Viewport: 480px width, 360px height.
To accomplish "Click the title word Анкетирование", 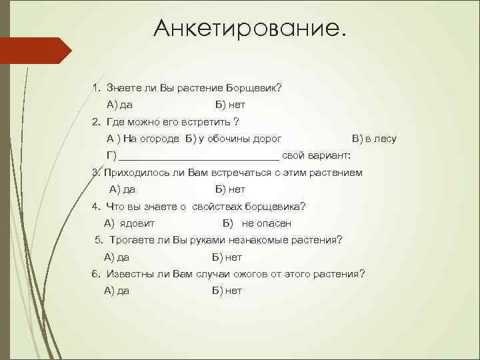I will tap(250, 28).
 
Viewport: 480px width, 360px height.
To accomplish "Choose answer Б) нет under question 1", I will tap(230, 105).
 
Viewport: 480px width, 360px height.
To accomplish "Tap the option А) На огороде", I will tap(143, 139).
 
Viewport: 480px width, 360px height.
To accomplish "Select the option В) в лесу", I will tap(374, 139).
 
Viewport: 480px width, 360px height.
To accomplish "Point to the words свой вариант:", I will tap(316, 156).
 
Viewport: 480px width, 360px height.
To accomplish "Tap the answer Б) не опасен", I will tap(257, 223).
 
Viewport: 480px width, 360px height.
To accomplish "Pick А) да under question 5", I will tap(117, 257).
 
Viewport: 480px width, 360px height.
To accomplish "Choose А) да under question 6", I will tap(117, 291).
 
